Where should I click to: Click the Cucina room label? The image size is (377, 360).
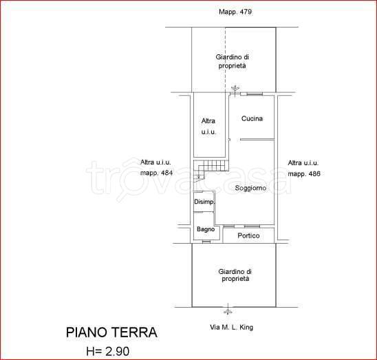pos(252,118)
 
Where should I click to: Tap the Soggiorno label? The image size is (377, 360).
pos(250,188)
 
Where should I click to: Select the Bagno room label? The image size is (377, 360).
pos(206,229)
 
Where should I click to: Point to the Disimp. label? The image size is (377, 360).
pos(204,202)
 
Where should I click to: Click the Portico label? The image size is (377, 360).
pos(248,235)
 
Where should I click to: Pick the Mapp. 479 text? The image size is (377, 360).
pos(235,12)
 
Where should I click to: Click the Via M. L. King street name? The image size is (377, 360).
pos(232,327)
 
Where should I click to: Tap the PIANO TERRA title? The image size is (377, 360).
pos(111,332)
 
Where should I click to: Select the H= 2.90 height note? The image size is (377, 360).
pos(108,351)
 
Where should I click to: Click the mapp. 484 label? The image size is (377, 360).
pos(157,173)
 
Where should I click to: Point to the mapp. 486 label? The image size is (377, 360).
pos(304,173)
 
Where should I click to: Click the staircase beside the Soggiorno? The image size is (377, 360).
pos(211,170)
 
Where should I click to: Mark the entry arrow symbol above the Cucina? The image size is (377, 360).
pos(235,89)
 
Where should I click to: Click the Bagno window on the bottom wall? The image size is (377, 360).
pos(206,242)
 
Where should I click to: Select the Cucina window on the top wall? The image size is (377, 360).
pos(255,94)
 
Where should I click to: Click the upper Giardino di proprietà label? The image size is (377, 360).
pos(232,61)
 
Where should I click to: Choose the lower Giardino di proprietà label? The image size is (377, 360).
pos(235,275)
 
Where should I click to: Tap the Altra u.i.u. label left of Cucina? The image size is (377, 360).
pos(208,127)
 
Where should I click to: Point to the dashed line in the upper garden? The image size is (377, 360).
pos(225,59)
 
